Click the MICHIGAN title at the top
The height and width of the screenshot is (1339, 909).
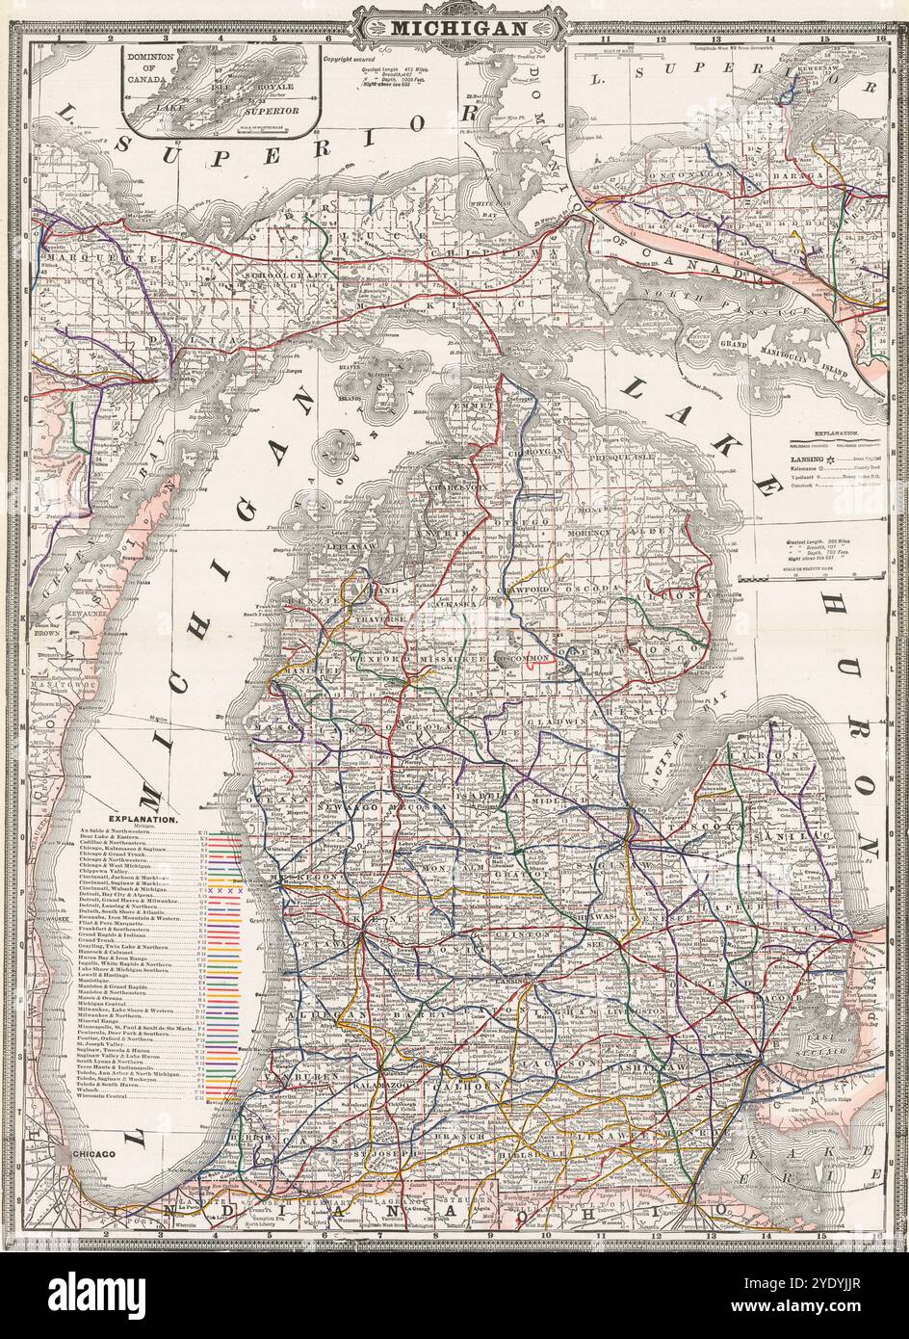pos(457,28)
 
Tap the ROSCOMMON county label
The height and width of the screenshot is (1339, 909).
pos(520,658)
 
